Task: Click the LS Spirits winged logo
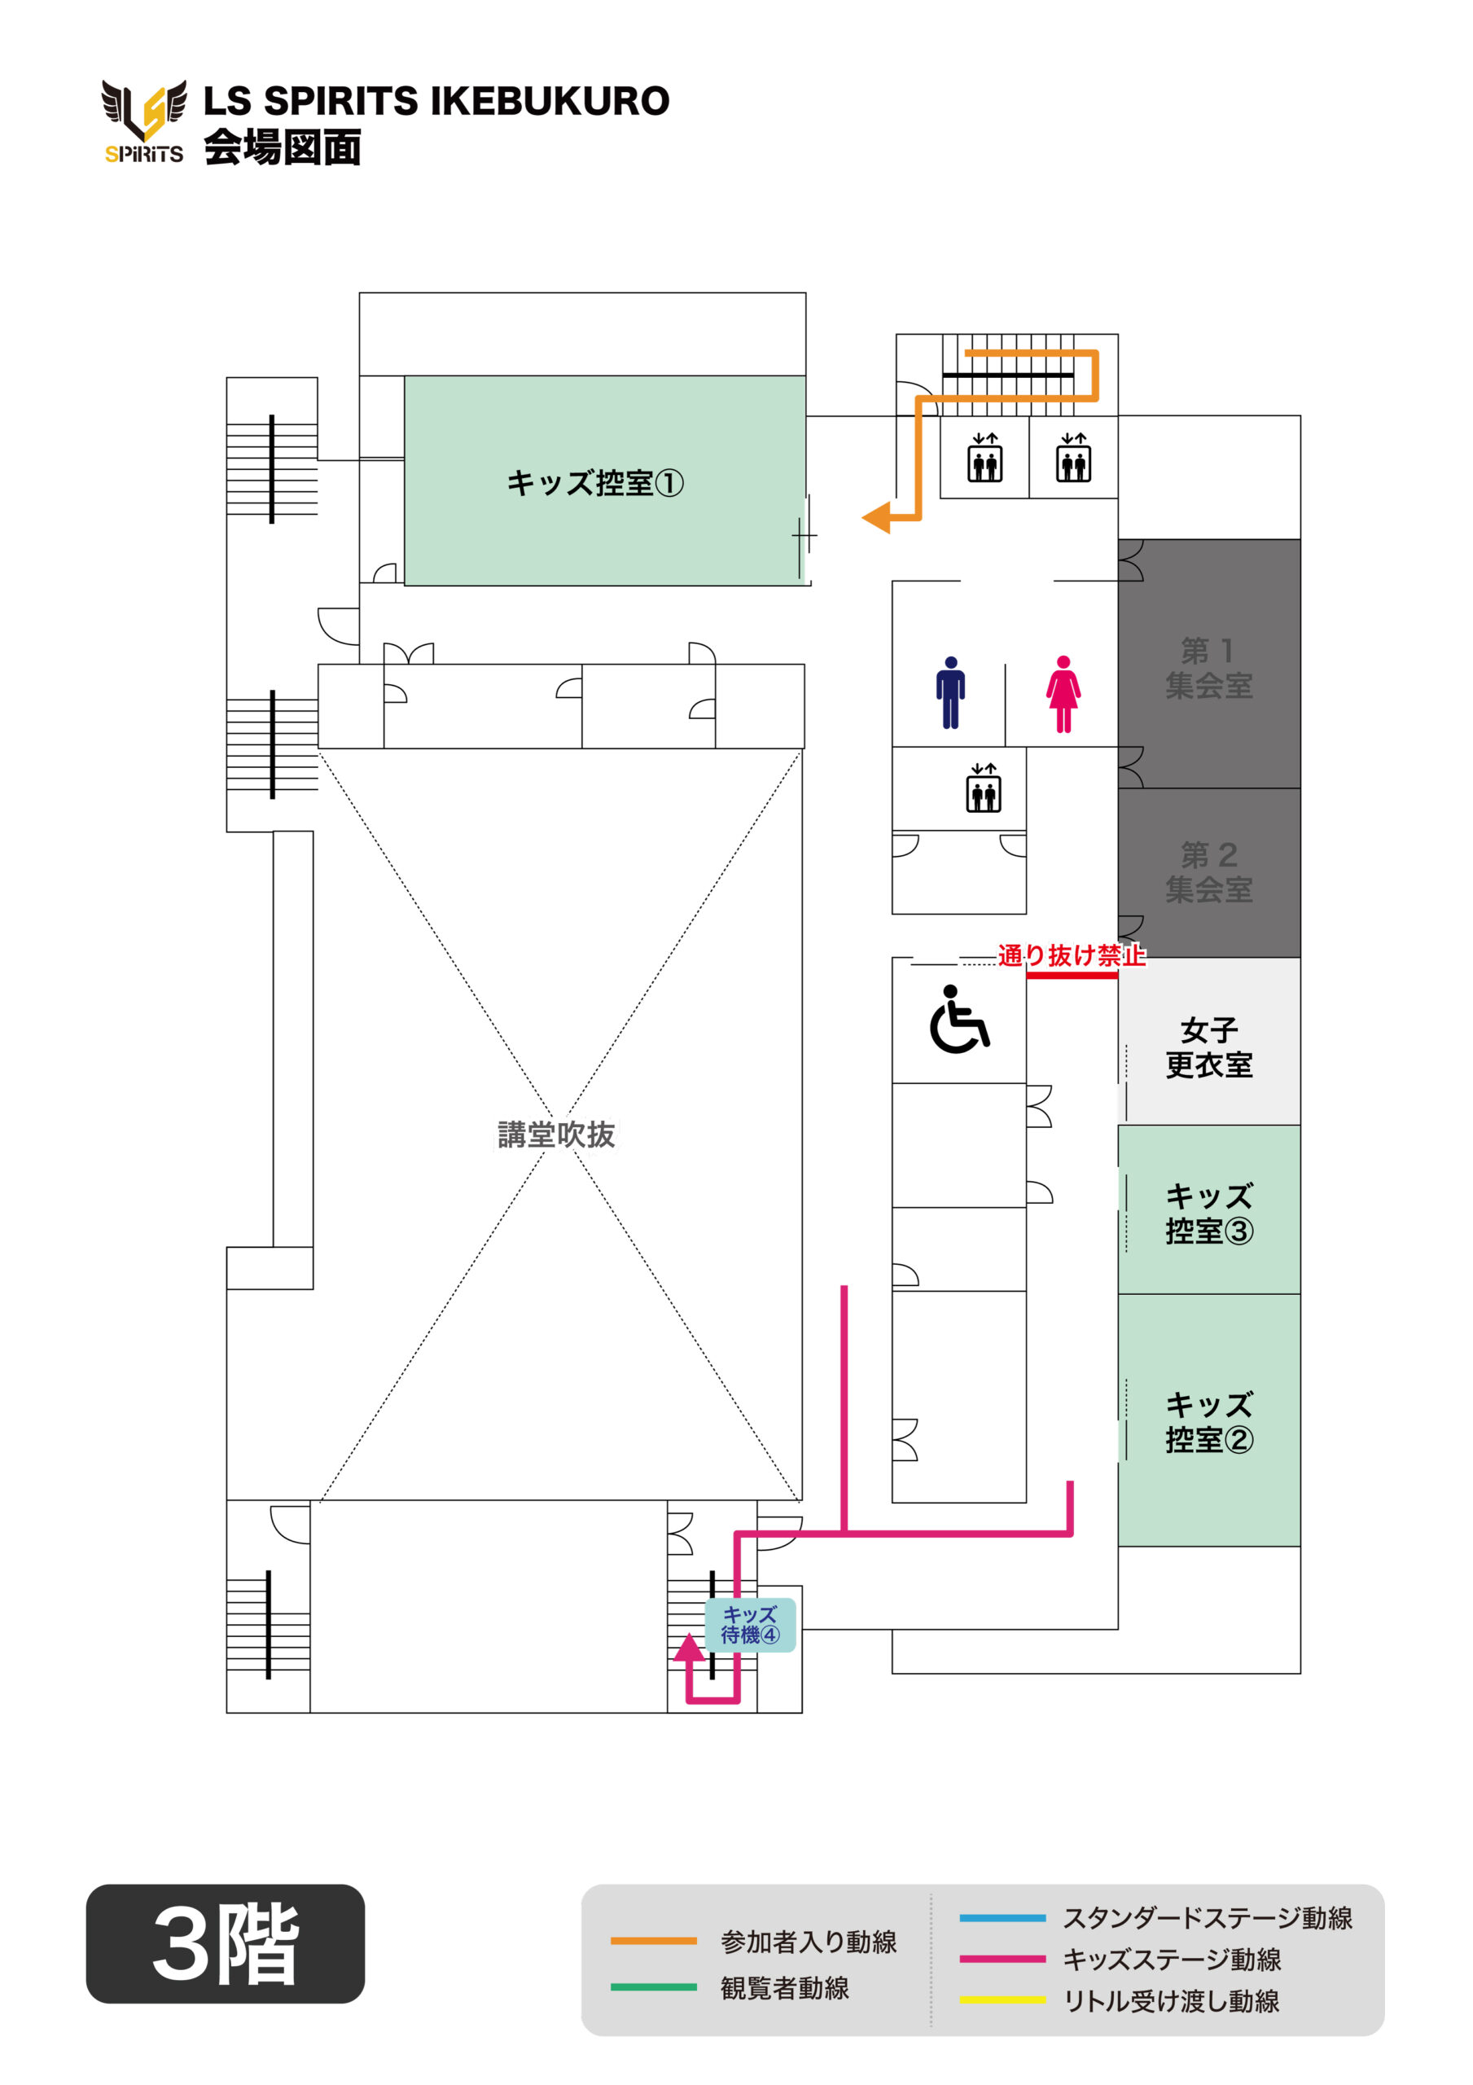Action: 144,121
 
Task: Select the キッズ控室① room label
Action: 595,483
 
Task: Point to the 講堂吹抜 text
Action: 556,1135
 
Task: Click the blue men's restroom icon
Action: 950,692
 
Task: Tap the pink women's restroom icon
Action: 1063,694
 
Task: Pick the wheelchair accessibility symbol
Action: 959,1020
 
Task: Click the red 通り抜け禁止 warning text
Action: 1072,955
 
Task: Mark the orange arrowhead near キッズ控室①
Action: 876,518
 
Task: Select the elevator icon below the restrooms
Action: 984,788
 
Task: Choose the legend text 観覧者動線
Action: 785,1988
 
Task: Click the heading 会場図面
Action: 283,147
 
